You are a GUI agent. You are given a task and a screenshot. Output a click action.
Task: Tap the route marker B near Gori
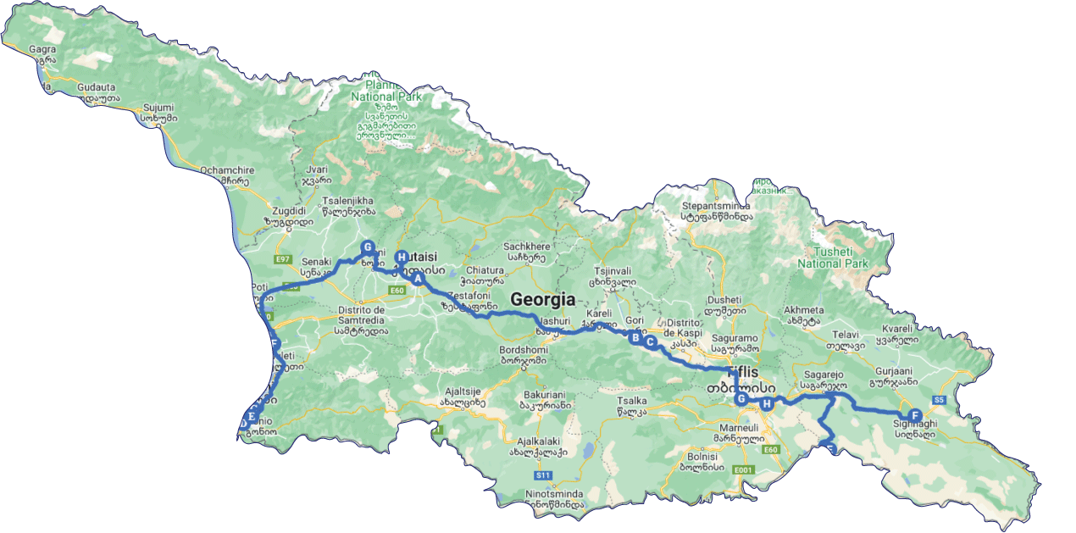click(634, 337)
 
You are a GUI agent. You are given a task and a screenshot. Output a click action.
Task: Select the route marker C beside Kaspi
click(651, 342)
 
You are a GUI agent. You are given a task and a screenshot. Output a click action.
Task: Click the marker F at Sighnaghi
click(914, 415)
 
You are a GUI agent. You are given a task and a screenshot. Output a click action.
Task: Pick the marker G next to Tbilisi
click(741, 399)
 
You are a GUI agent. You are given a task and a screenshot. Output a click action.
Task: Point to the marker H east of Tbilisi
click(767, 404)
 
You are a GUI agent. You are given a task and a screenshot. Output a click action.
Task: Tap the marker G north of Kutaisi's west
click(368, 247)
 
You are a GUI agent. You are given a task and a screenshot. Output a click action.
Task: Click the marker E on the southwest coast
click(252, 416)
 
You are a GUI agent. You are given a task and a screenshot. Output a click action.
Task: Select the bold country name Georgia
click(542, 299)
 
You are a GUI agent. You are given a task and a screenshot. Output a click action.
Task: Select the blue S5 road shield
click(939, 399)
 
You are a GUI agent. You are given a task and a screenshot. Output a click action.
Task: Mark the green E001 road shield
click(743, 469)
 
